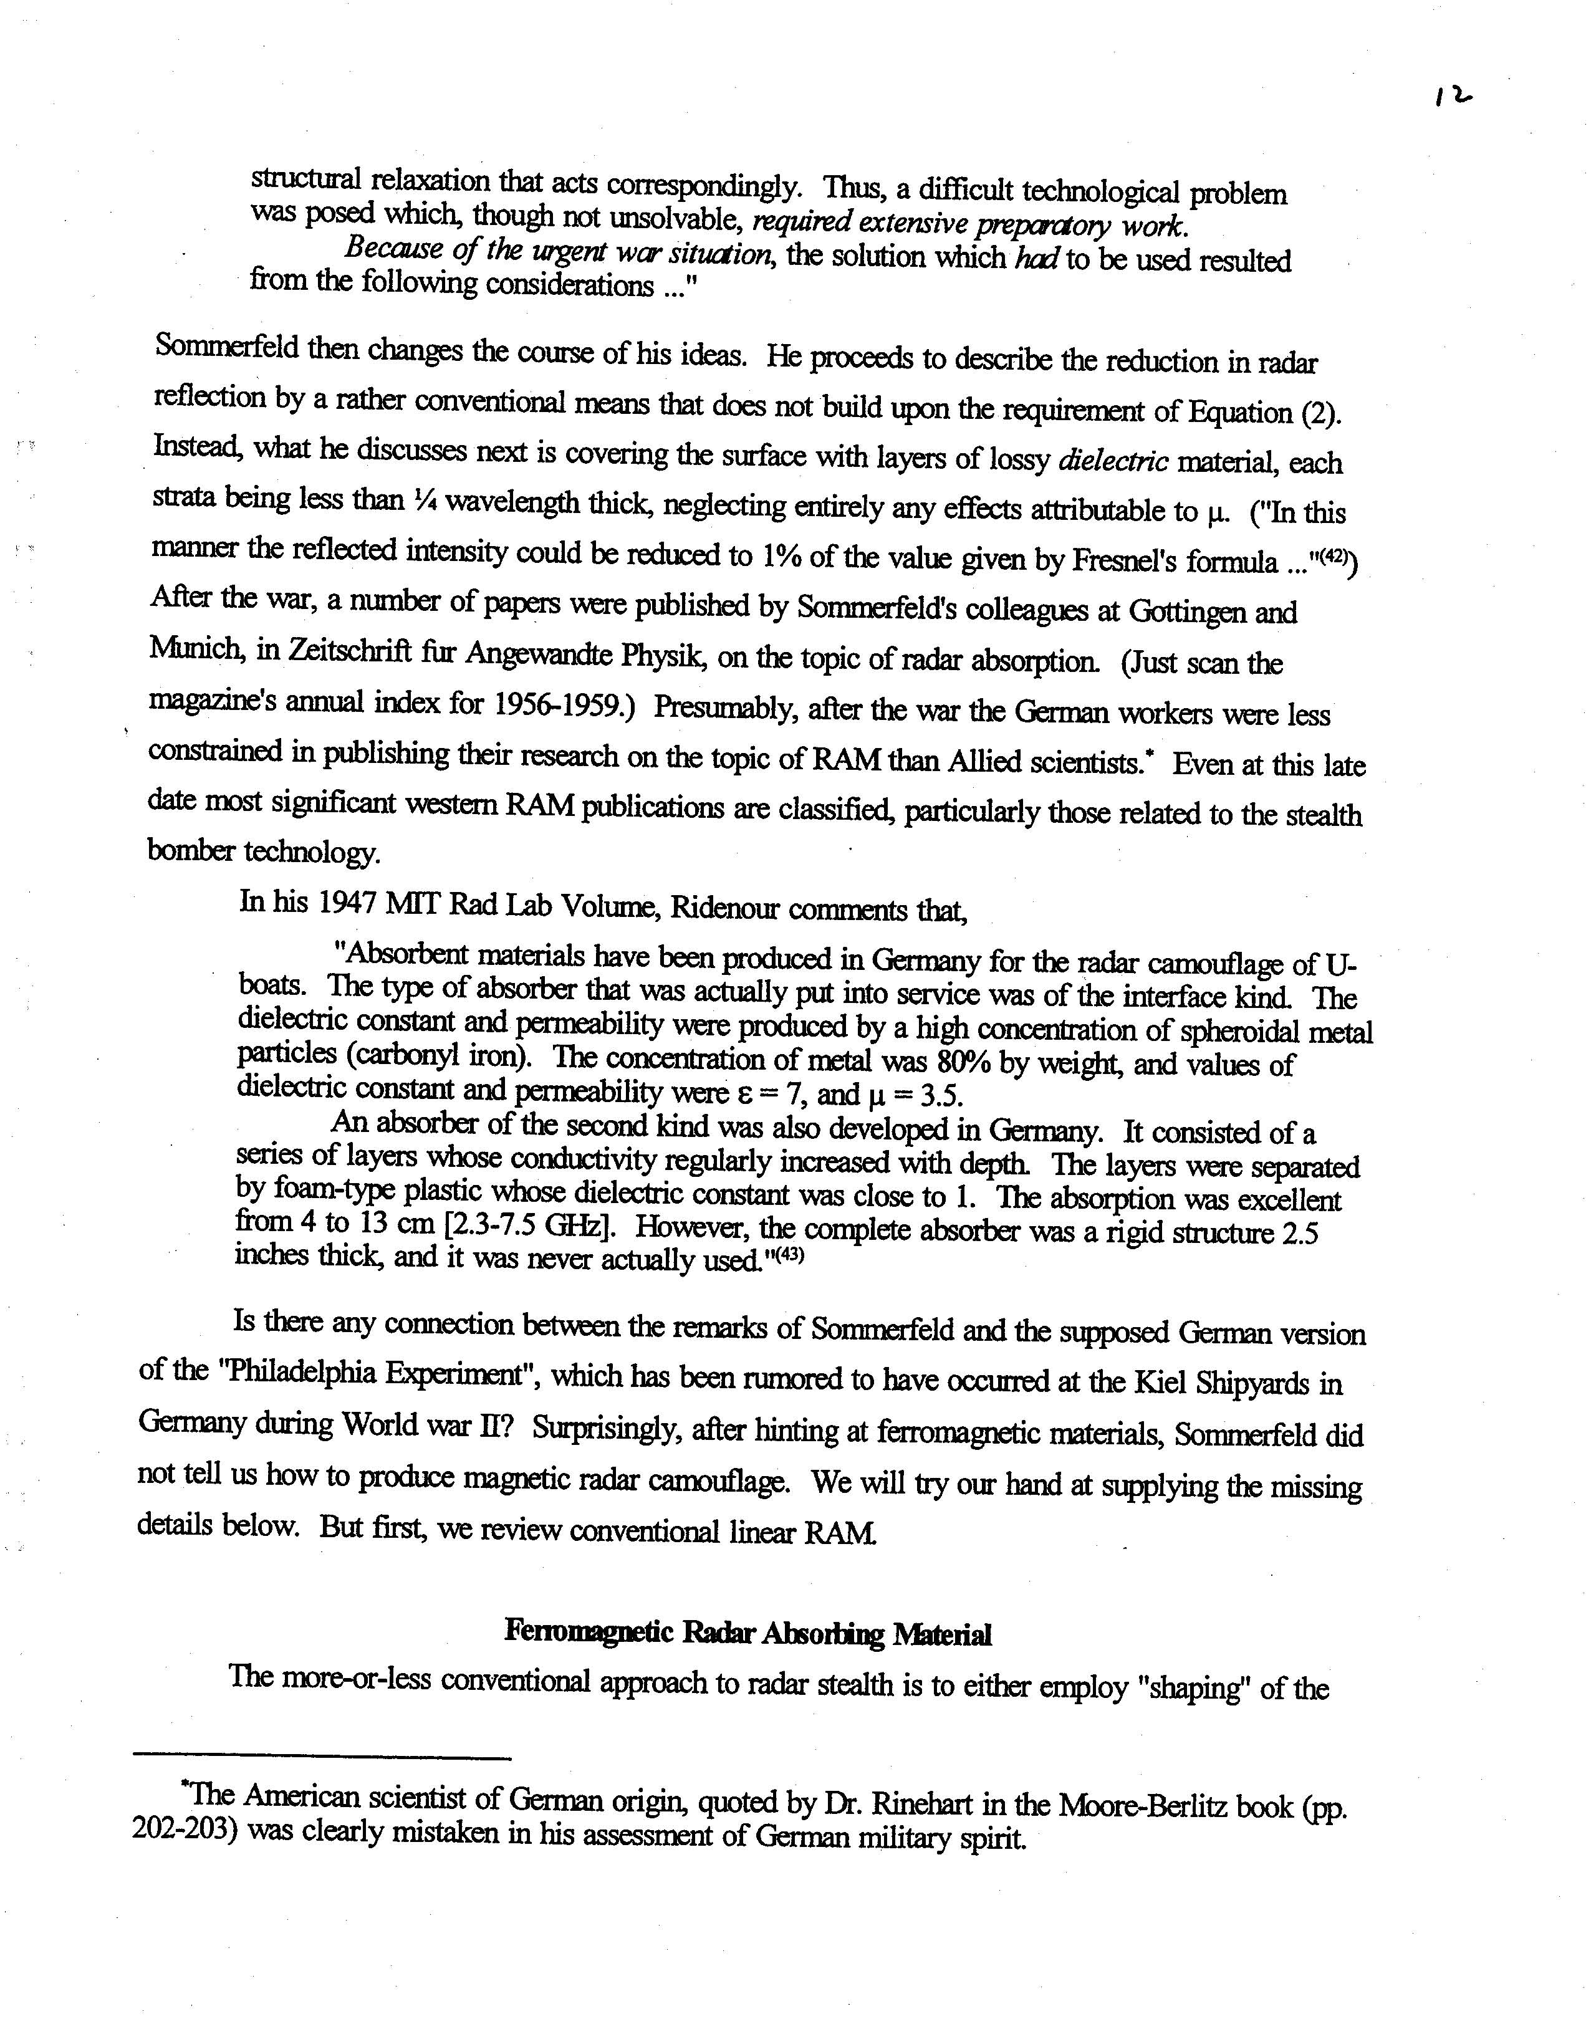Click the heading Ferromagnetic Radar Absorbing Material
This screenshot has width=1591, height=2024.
tap(748, 1632)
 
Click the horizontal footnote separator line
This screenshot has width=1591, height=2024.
tap(322, 1758)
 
